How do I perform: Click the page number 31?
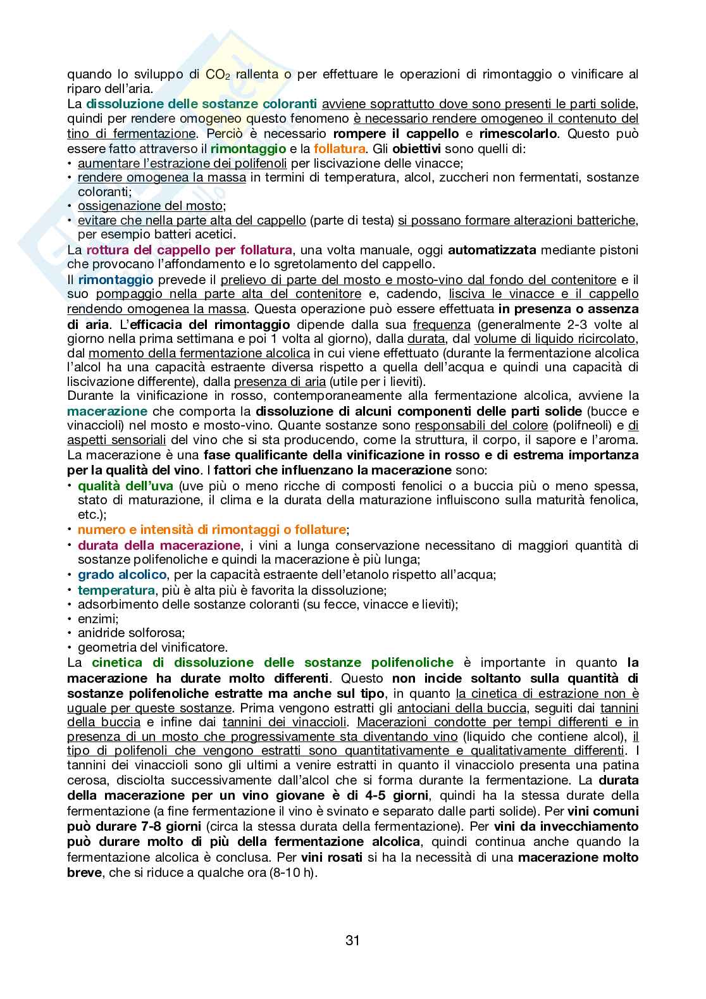(352, 940)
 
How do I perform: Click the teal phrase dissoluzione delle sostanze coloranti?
(201, 104)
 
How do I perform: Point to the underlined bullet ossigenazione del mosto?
(151, 206)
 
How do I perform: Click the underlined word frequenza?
(442, 325)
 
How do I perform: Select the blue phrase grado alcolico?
(122, 574)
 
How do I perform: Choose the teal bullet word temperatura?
(116, 590)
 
